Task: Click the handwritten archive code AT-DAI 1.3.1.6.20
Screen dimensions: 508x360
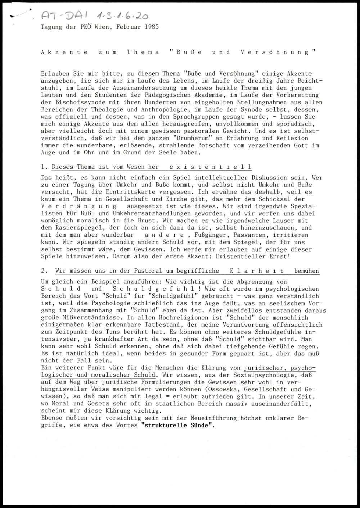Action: [94, 15]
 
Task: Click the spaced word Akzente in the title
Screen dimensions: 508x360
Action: [64, 52]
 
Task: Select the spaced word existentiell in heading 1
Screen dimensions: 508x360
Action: [210, 167]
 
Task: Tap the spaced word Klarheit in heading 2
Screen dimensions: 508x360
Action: [256, 271]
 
